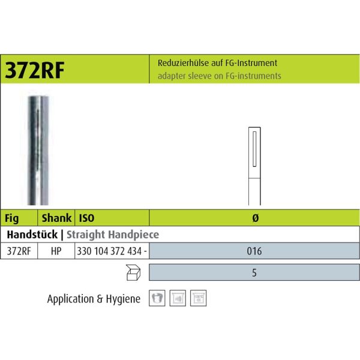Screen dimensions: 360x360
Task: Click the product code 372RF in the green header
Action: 36,69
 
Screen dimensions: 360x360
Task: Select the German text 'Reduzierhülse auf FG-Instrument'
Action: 217,63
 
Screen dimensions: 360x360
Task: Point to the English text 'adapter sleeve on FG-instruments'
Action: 219,76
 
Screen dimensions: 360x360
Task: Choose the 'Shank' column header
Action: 56,218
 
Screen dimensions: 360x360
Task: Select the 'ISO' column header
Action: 87,218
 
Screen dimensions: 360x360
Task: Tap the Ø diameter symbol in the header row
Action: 254,218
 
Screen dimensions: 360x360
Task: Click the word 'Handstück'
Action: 32,235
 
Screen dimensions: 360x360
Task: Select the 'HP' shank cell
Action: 56,251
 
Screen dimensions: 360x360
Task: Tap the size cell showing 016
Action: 254,251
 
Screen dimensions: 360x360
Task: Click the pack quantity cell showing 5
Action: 254,272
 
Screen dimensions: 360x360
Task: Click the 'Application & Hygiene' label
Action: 94,298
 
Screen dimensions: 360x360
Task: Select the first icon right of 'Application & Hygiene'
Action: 155,298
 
